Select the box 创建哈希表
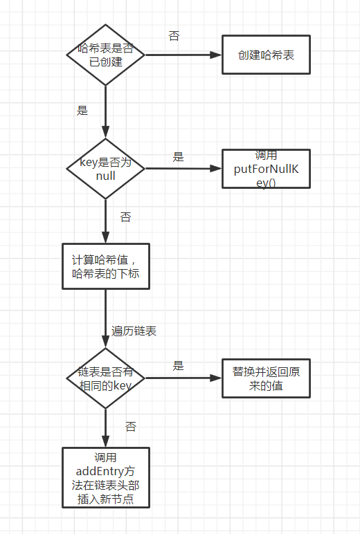[x=266, y=55]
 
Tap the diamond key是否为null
[x=105, y=169]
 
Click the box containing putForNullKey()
[x=266, y=168]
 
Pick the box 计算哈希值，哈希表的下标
[x=105, y=266]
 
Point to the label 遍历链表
[x=134, y=331]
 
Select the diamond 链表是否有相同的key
[x=105, y=378]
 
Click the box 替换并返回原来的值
[x=266, y=378]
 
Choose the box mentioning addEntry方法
[x=105, y=478]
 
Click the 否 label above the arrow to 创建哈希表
[x=174, y=36]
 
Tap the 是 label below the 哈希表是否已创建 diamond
[x=82, y=110]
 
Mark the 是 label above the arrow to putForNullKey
[x=178, y=157]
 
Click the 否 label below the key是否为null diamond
[x=125, y=217]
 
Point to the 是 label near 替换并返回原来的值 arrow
[x=178, y=366]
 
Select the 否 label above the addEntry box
[x=131, y=427]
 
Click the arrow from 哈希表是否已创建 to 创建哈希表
[x=183, y=55]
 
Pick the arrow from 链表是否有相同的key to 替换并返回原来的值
[x=183, y=378]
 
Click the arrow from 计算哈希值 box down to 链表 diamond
[x=105, y=318]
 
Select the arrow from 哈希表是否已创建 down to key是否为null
[x=105, y=111]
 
